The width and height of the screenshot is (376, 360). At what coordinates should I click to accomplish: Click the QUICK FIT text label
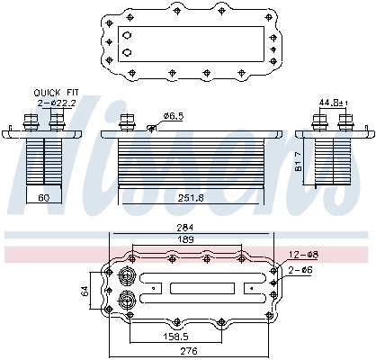(x=54, y=93)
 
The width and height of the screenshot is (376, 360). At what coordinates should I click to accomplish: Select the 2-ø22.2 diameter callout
(x=54, y=103)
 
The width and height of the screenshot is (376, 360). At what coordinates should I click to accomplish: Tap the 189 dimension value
(x=186, y=239)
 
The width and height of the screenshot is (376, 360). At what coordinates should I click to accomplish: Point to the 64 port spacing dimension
(x=85, y=290)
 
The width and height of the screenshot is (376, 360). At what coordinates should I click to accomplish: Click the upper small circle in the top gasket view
(x=127, y=35)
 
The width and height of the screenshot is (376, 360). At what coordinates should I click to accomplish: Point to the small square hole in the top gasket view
(x=273, y=37)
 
